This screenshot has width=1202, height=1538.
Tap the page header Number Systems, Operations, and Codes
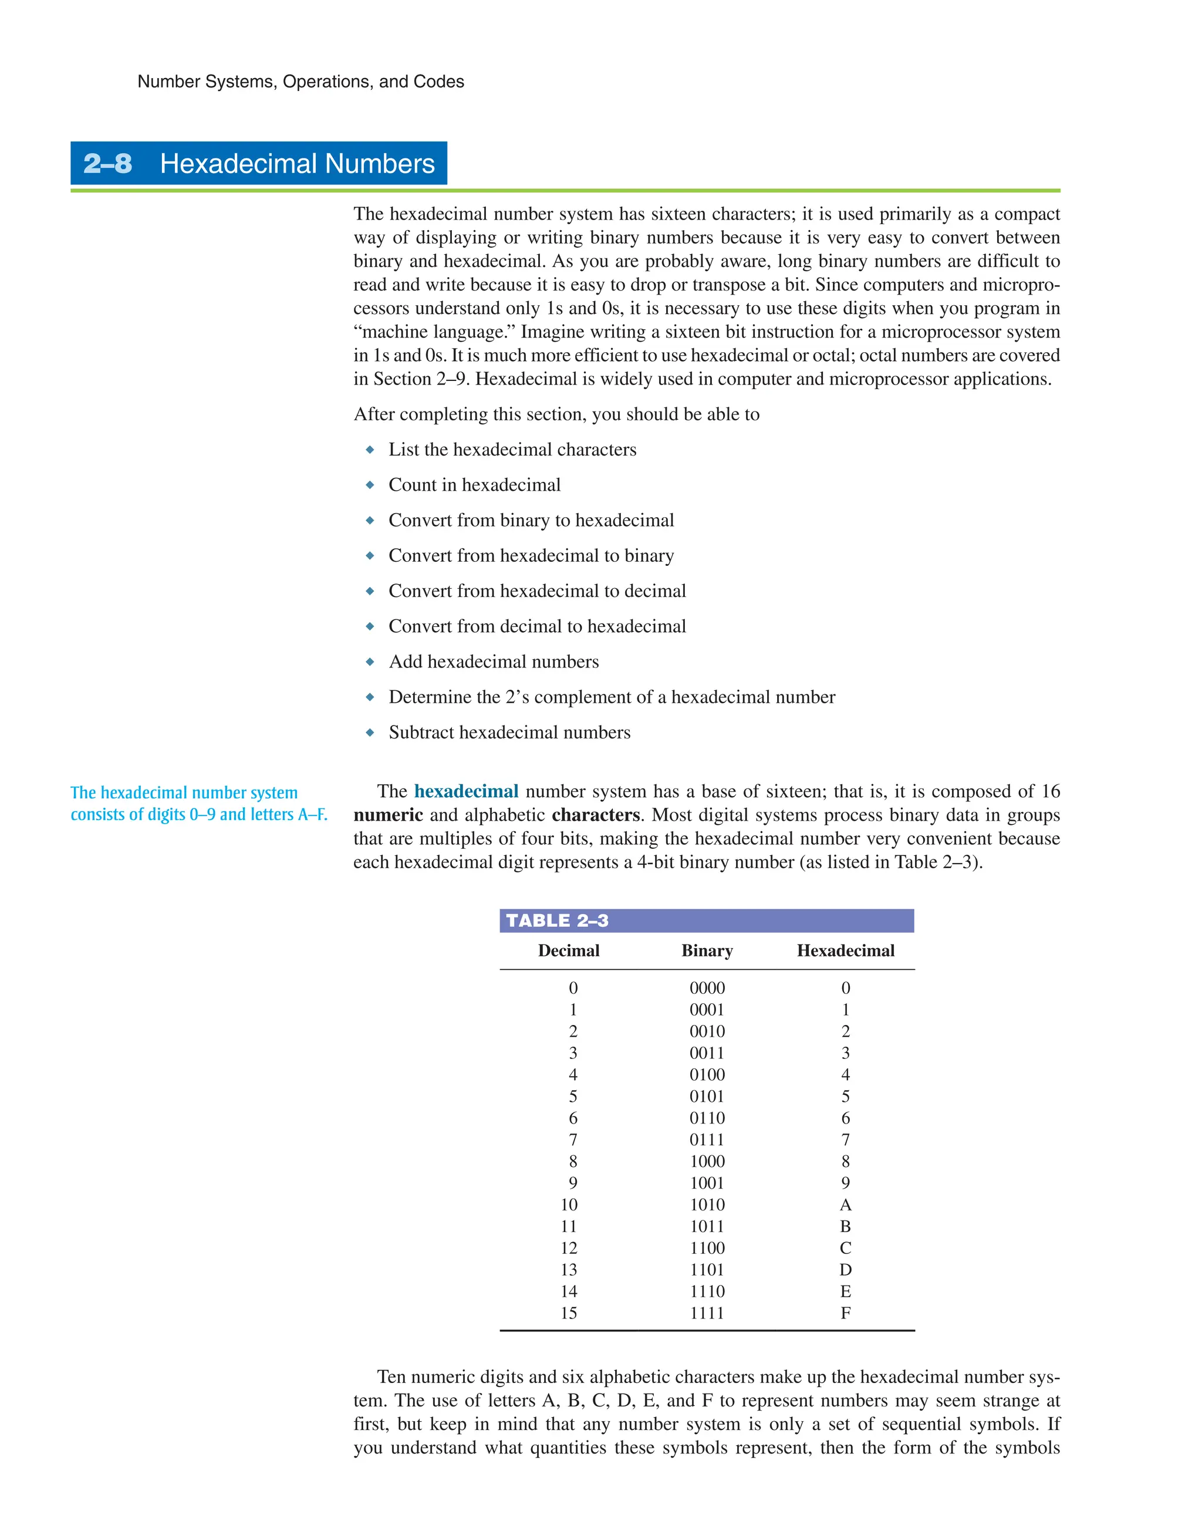click(300, 82)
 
